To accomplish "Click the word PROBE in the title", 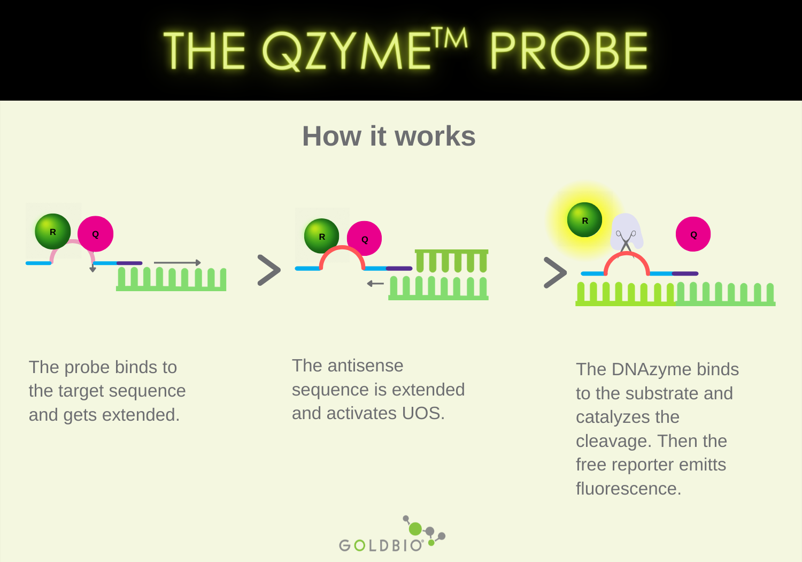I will [568, 51].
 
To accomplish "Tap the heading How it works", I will [389, 136].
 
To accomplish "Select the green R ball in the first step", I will [53, 232].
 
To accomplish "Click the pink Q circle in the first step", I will [96, 234].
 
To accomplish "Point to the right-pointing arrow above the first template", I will [177, 263].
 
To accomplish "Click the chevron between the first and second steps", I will [269, 270].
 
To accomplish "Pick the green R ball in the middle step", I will [322, 236].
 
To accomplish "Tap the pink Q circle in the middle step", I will [365, 239].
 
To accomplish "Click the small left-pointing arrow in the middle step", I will [375, 283].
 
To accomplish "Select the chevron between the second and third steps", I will [555, 272].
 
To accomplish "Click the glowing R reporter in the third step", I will [584, 220].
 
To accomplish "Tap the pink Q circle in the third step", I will [693, 234].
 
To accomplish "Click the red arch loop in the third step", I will [627, 256].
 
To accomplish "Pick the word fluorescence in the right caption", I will [628, 489].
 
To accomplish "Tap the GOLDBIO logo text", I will [381, 545].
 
